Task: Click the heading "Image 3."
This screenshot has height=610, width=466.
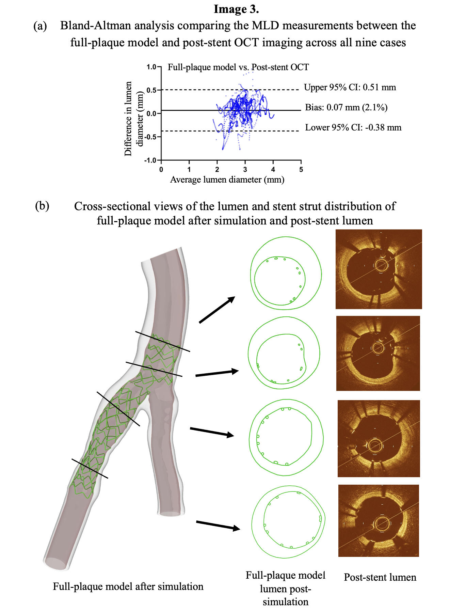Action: pos(236,9)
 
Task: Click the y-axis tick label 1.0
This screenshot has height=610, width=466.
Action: pos(151,67)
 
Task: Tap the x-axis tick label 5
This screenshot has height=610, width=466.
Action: pos(301,170)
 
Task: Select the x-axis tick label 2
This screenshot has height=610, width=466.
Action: pos(217,170)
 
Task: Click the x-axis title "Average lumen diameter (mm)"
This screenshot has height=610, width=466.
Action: pos(227,179)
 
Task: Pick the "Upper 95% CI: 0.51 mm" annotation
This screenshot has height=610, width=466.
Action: pos(350,88)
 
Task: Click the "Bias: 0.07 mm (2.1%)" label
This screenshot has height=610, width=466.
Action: pos(346,108)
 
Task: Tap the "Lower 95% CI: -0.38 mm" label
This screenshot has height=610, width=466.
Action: pos(353,128)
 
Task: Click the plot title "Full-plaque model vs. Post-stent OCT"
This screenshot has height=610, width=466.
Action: pos(238,67)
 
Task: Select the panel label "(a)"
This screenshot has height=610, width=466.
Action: pos(40,26)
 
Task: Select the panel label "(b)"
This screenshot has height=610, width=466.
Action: pos(42,206)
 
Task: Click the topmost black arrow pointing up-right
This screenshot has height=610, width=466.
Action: pos(217,310)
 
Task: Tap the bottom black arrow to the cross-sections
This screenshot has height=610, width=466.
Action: pos(218,525)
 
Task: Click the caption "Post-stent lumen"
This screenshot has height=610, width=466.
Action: pos(380,577)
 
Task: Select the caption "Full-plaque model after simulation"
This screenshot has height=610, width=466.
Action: pos(128,586)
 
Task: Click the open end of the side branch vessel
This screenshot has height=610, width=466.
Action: pos(171,513)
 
